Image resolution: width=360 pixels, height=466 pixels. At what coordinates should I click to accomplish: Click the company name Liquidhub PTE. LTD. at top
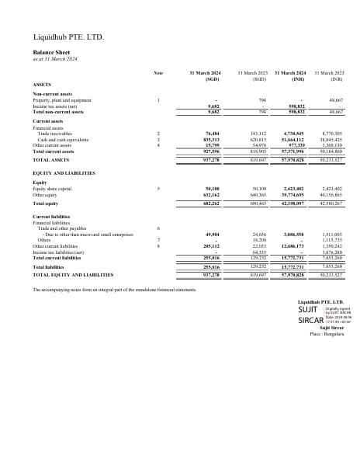point(68,37)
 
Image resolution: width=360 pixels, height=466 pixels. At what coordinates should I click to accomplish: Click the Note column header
point(158,73)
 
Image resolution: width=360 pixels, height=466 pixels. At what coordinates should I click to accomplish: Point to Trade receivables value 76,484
point(212,134)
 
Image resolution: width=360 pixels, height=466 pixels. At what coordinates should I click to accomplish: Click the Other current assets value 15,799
point(212,144)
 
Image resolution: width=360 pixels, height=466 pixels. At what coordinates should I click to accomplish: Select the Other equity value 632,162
point(211,193)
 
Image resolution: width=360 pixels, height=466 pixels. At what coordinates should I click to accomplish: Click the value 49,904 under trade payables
point(212,232)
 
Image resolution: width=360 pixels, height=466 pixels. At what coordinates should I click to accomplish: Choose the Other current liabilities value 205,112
point(211,245)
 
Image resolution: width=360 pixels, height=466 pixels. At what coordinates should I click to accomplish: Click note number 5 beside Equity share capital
point(158,188)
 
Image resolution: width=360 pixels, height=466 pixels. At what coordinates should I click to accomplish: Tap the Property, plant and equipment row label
point(62,99)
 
